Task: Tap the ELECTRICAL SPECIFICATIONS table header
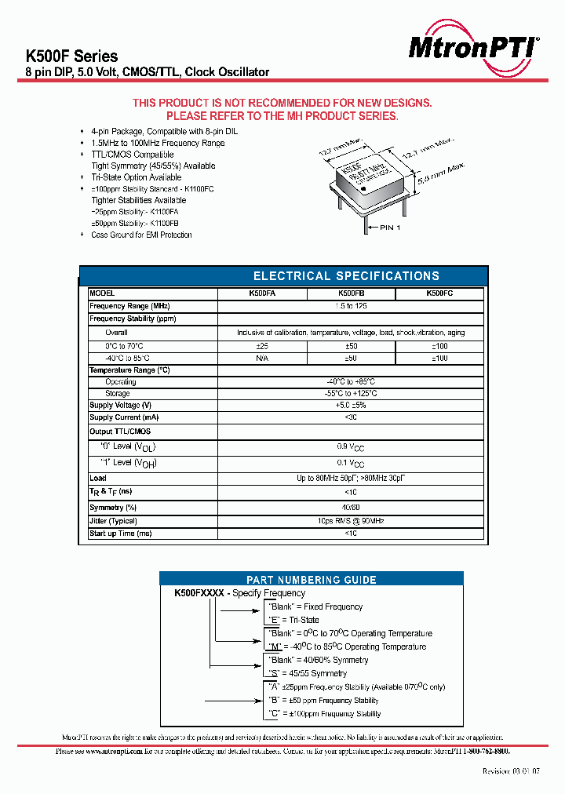click(x=346, y=276)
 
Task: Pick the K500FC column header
click(x=439, y=293)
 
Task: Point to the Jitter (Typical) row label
click(x=114, y=521)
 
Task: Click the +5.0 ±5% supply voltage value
click(x=351, y=406)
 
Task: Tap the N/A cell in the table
click(x=262, y=358)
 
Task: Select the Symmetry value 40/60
click(x=351, y=508)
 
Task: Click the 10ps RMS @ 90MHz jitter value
click(x=351, y=521)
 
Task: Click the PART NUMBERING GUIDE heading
click(x=312, y=580)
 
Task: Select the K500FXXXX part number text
click(x=199, y=593)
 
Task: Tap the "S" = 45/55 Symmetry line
click(x=308, y=673)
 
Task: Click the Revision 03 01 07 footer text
click(x=511, y=772)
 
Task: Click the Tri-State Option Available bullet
click(x=137, y=177)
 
